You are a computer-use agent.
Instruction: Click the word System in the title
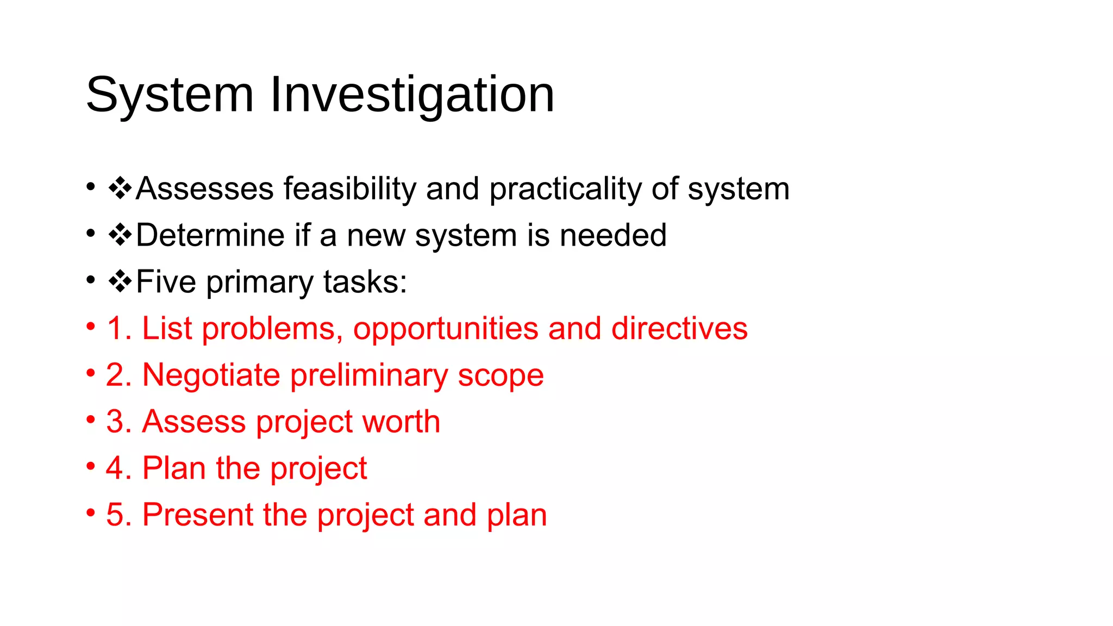click(x=170, y=95)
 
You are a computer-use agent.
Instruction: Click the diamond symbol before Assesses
click(x=120, y=188)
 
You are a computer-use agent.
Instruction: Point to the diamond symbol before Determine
click(x=120, y=235)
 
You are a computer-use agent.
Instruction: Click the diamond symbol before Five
click(x=120, y=281)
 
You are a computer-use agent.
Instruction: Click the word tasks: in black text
click(x=365, y=282)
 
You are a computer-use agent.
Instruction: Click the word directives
click(x=679, y=329)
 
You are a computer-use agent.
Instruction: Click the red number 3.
click(x=116, y=422)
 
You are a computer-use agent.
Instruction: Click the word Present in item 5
click(x=197, y=515)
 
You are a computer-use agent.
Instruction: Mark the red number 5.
click(x=116, y=515)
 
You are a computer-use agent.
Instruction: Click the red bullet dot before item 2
click(x=91, y=373)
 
